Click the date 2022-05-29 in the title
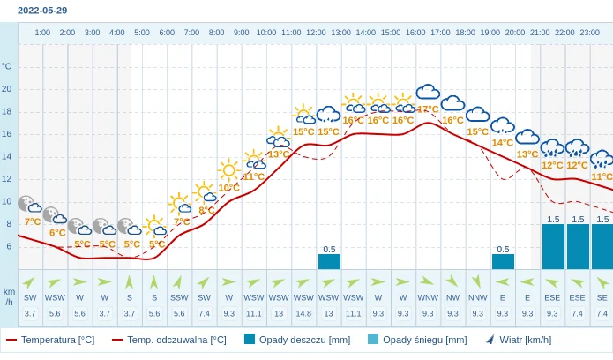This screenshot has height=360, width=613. (42, 11)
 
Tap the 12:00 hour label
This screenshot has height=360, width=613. (316, 33)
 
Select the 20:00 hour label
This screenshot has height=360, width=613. (515, 33)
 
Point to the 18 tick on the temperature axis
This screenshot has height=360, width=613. (7, 111)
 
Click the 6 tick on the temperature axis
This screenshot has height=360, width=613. (9, 246)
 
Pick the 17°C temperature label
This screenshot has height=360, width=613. (428, 109)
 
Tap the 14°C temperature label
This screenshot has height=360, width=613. (503, 143)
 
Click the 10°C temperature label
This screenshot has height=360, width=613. (229, 188)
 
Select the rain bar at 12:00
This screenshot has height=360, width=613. (329, 261)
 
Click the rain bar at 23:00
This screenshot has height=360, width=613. (602, 246)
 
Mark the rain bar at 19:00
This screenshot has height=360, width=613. (503, 261)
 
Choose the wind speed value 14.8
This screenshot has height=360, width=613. (303, 313)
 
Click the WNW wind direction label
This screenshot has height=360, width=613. (428, 298)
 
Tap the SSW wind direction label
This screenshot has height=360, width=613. (179, 298)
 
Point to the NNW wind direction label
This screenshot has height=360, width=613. (478, 298)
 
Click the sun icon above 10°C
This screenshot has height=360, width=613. (229, 169)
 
